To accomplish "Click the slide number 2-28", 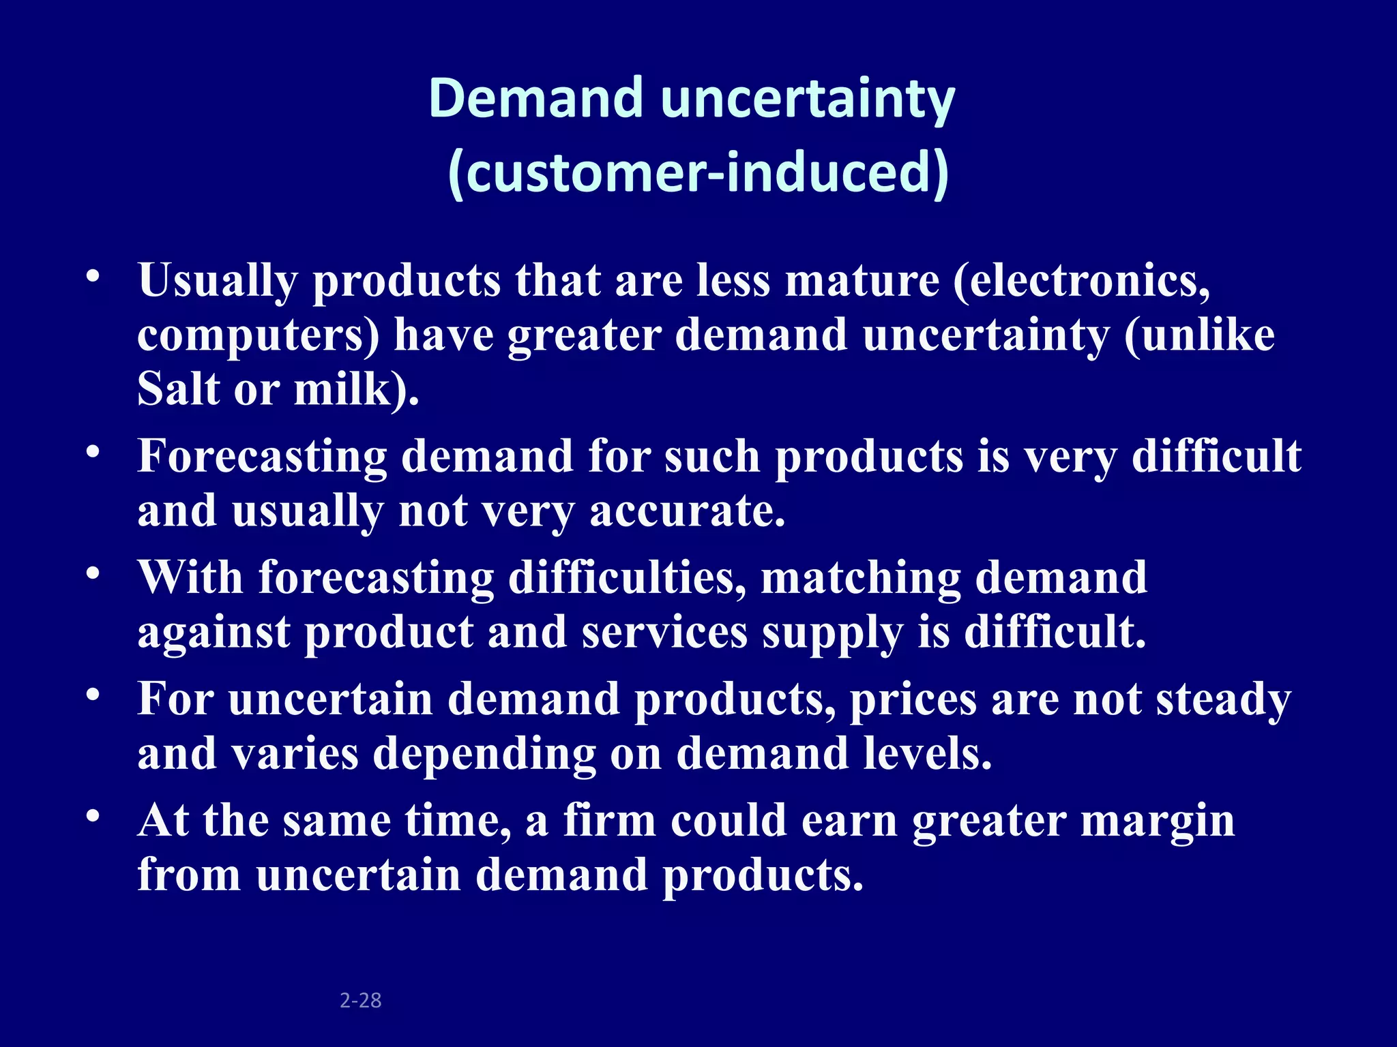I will point(360,1000).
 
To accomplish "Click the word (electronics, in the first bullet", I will point(1082,281).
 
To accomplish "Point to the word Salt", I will point(179,389).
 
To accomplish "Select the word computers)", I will point(259,336).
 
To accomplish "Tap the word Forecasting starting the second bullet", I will point(262,457).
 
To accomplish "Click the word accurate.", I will point(687,511).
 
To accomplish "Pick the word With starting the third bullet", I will point(190,577).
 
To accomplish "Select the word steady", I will point(1223,701).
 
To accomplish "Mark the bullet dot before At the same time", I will point(93,816).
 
